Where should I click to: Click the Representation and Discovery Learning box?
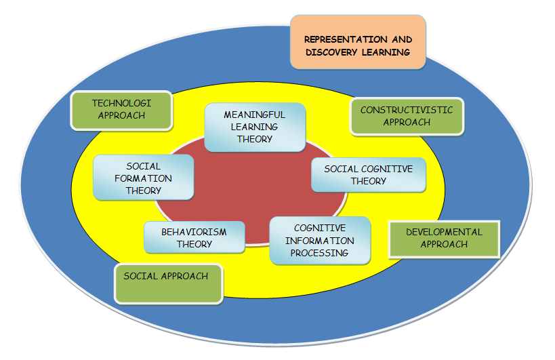[358, 42]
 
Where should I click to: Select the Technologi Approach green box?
[121, 110]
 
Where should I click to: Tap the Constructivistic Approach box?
[407, 116]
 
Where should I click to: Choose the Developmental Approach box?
[444, 238]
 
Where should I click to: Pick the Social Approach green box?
[169, 283]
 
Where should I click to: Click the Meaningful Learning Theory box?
[255, 127]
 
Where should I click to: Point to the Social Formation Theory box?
[144, 178]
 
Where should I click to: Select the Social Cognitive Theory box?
[369, 175]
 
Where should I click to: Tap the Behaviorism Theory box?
[194, 238]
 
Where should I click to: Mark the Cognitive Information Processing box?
[320, 241]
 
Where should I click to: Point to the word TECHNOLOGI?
[122, 103]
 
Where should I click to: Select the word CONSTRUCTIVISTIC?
[407, 110]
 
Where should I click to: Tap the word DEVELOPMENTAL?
[444, 232]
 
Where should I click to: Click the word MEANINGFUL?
[255, 115]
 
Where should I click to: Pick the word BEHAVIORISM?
[194, 232]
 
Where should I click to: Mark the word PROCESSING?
[320, 253]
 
